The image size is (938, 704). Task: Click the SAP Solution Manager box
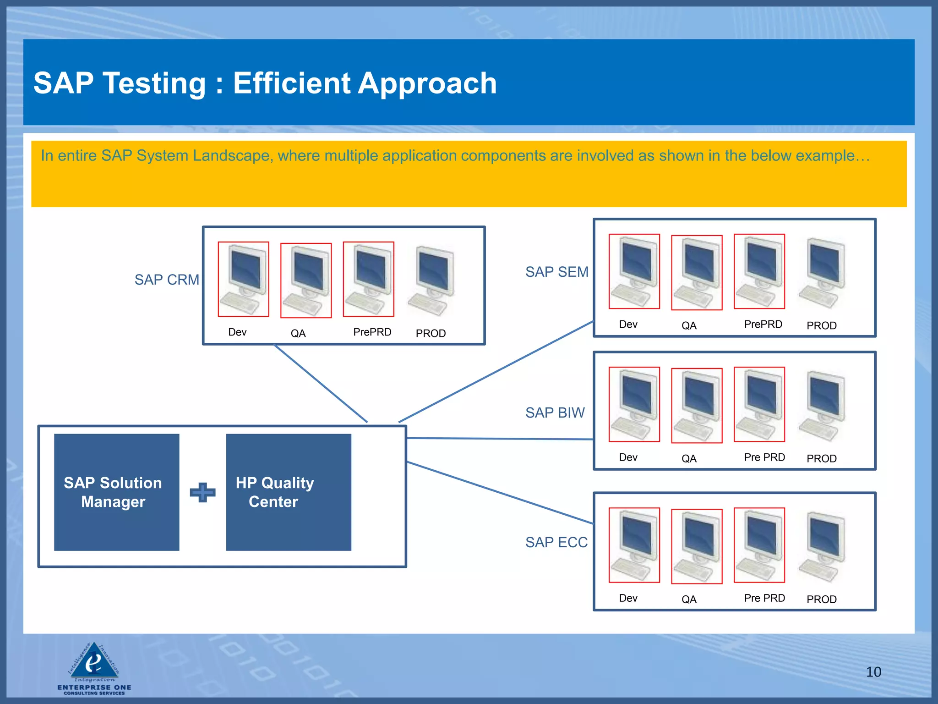point(116,492)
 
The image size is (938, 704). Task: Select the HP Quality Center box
point(289,492)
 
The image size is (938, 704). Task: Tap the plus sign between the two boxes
point(202,492)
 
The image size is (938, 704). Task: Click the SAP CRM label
point(167,280)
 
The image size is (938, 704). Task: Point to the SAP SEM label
point(556,272)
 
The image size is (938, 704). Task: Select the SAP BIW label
point(555,412)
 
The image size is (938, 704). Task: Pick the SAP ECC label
point(556,542)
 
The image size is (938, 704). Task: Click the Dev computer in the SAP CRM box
point(243,279)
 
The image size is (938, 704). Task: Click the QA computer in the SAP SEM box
point(697,273)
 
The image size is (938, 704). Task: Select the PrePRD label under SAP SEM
point(763,324)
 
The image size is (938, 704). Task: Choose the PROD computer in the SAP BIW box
point(822,406)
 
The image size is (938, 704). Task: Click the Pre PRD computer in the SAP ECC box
point(759,545)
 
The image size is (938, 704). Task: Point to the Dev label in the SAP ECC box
point(628,598)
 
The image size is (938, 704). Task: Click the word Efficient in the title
point(292,83)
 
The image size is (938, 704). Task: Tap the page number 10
point(873,672)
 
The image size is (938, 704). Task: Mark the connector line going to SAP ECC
point(499,493)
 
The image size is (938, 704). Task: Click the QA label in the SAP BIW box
point(689,459)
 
